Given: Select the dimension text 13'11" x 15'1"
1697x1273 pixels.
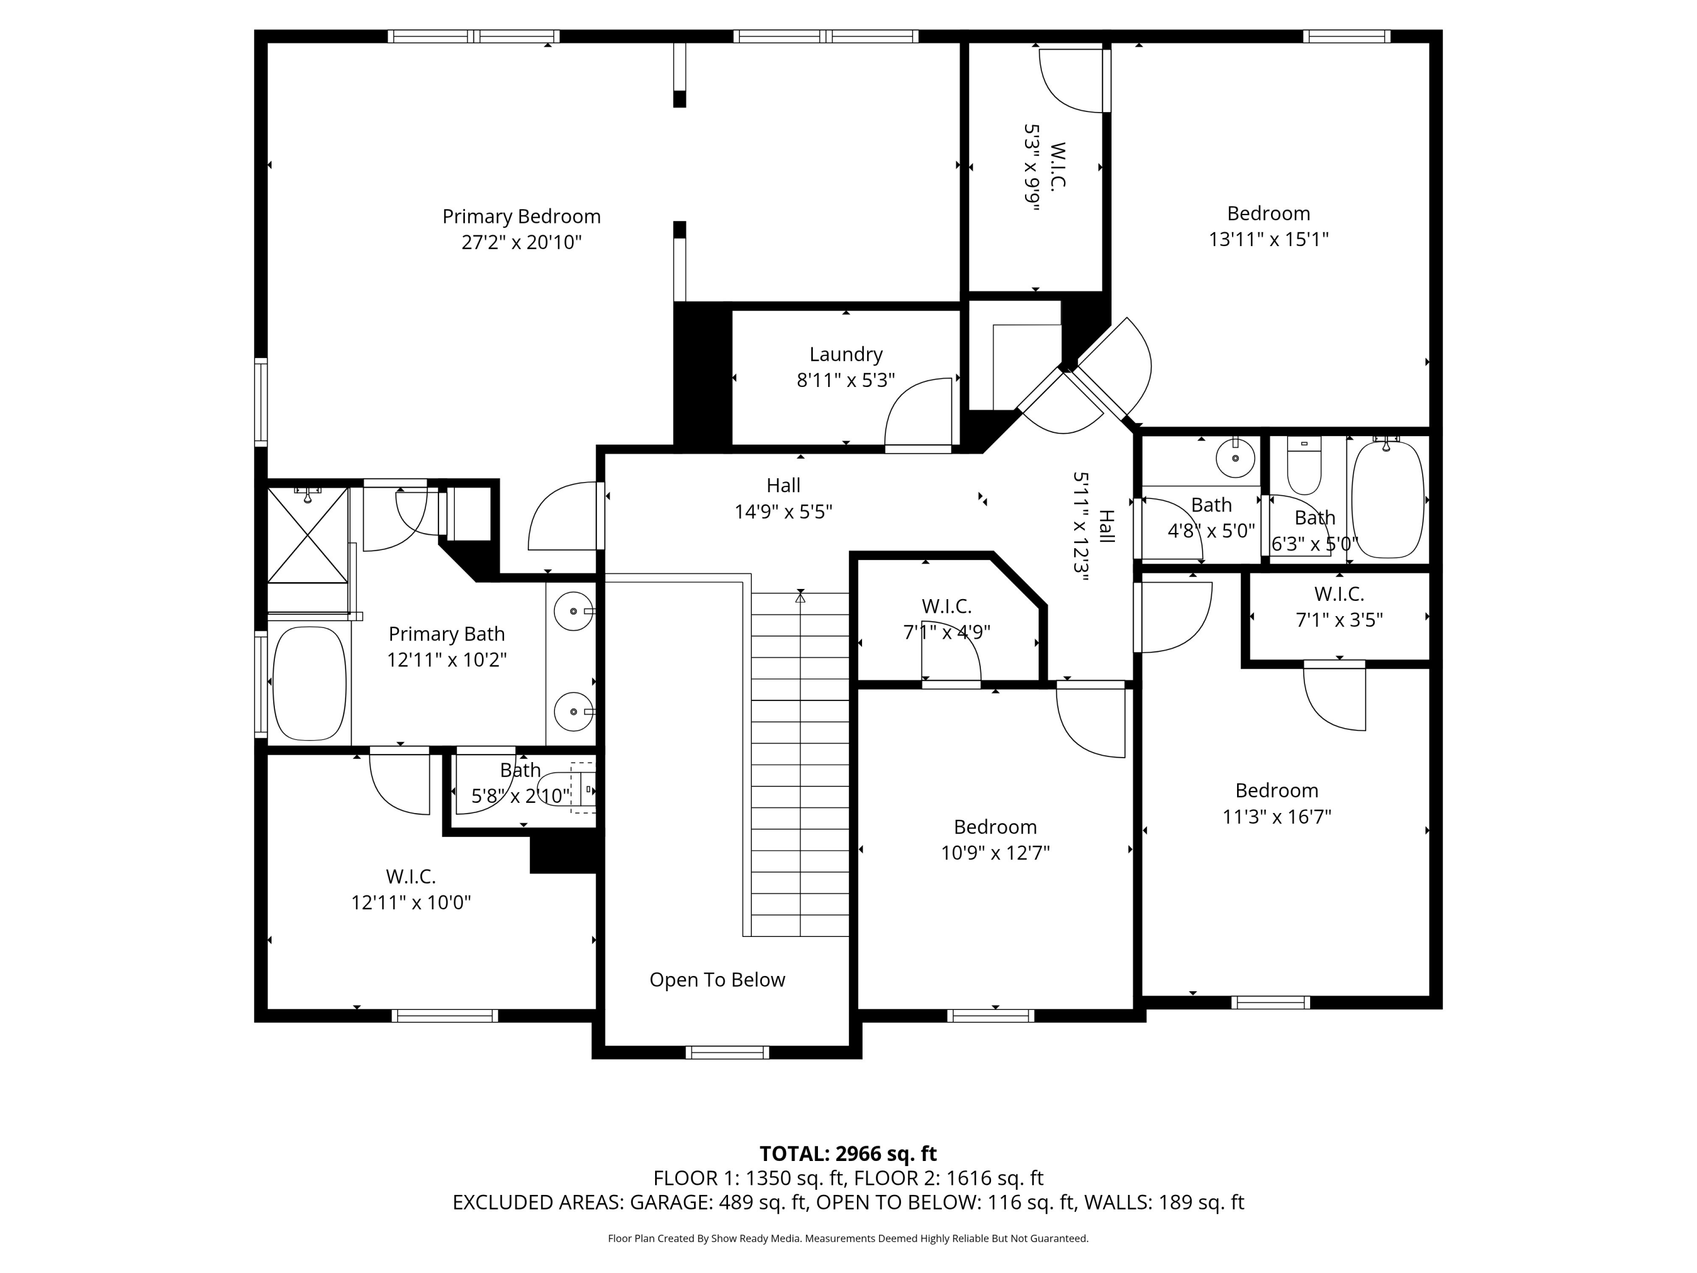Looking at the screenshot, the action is pyautogui.click(x=1268, y=239).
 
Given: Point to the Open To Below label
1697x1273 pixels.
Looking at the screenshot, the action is pyautogui.click(x=717, y=980).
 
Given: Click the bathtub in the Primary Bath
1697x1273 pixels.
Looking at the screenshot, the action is pyautogui.click(x=309, y=683).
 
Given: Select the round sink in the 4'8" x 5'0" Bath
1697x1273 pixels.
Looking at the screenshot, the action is pyautogui.click(x=1235, y=458).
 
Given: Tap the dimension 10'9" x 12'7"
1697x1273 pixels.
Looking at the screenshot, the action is pyautogui.click(x=995, y=853).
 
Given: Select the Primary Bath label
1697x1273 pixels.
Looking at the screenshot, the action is pyautogui.click(x=446, y=634).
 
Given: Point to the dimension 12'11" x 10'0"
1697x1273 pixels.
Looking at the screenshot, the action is pyautogui.click(x=411, y=902).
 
